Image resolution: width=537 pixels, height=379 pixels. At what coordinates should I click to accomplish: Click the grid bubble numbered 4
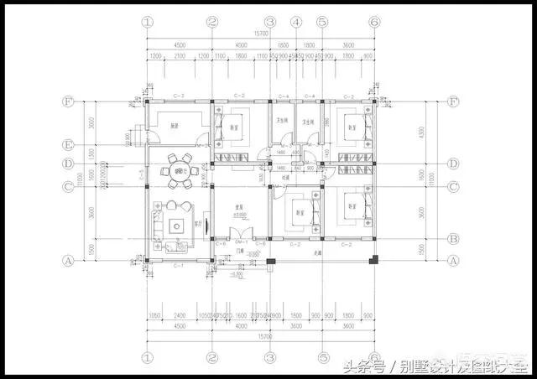[295, 22]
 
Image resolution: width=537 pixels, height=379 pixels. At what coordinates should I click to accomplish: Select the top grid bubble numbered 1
[148, 22]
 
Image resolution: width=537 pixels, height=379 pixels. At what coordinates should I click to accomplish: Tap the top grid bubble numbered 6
[374, 22]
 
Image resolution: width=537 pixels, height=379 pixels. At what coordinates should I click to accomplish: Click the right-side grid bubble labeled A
[454, 261]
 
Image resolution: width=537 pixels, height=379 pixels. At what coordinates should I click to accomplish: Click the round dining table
[178, 169]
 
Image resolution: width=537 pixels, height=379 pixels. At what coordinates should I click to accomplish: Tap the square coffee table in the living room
[177, 225]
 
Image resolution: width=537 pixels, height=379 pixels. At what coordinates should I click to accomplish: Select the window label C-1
[178, 267]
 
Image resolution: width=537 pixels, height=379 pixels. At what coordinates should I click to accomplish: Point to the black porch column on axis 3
[270, 265]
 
